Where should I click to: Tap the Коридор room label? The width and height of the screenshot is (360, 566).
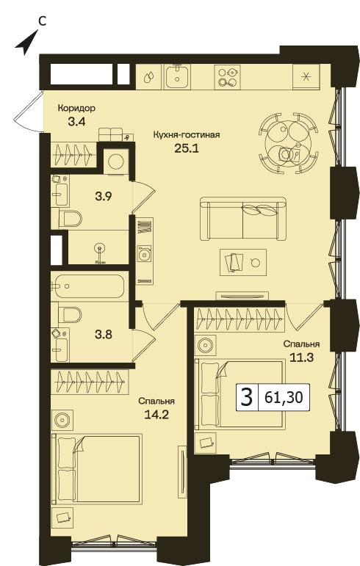pyautogui.click(x=76, y=108)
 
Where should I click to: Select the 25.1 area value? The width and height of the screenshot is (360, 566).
pyautogui.click(x=187, y=148)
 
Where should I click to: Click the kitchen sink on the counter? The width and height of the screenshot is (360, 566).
pyautogui.click(x=177, y=76)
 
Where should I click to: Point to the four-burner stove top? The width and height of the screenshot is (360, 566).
pyautogui.click(x=227, y=77)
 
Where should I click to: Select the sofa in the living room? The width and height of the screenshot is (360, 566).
pyautogui.click(x=243, y=218)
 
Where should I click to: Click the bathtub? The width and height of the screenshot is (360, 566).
pyautogui.click(x=87, y=286)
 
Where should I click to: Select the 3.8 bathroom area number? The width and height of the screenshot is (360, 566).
pyautogui.click(x=104, y=335)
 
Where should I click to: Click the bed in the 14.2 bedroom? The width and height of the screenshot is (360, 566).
pyautogui.click(x=97, y=468)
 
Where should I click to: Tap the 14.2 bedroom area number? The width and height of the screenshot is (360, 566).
pyautogui.click(x=156, y=414)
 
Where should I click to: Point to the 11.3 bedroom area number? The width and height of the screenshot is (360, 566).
pyautogui.click(x=301, y=358)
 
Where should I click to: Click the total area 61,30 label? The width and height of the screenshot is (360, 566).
pyautogui.click(x=284, y=397)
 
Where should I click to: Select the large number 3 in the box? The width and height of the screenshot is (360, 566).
pyautogui.click(x=247, y=397)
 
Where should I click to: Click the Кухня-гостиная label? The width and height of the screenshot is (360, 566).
pyautogui.click(x=187, y=135)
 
